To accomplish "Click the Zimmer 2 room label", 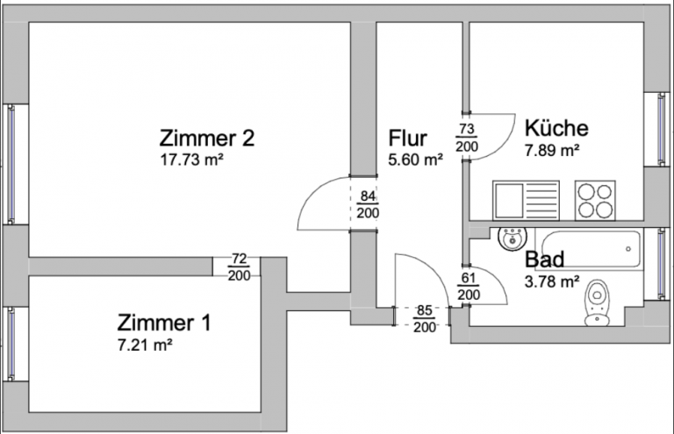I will (207, 138).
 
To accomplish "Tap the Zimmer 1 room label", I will (164, 323).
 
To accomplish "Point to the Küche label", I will (556, 128).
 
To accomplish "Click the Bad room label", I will (544, 260).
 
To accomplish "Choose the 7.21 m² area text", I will (145, 345).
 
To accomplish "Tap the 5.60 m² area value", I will (415, 160).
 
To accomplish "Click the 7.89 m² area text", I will (552, 150).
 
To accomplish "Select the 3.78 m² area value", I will (552, 281).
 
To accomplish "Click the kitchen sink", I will (524, 200).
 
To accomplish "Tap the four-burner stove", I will (595, 200).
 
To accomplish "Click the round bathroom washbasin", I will (510, 238).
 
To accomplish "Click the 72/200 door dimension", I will (239, 267).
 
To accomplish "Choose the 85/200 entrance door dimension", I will (425, 318).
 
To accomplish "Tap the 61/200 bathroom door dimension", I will (470, 287).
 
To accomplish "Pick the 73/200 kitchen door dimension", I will (466, 139).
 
